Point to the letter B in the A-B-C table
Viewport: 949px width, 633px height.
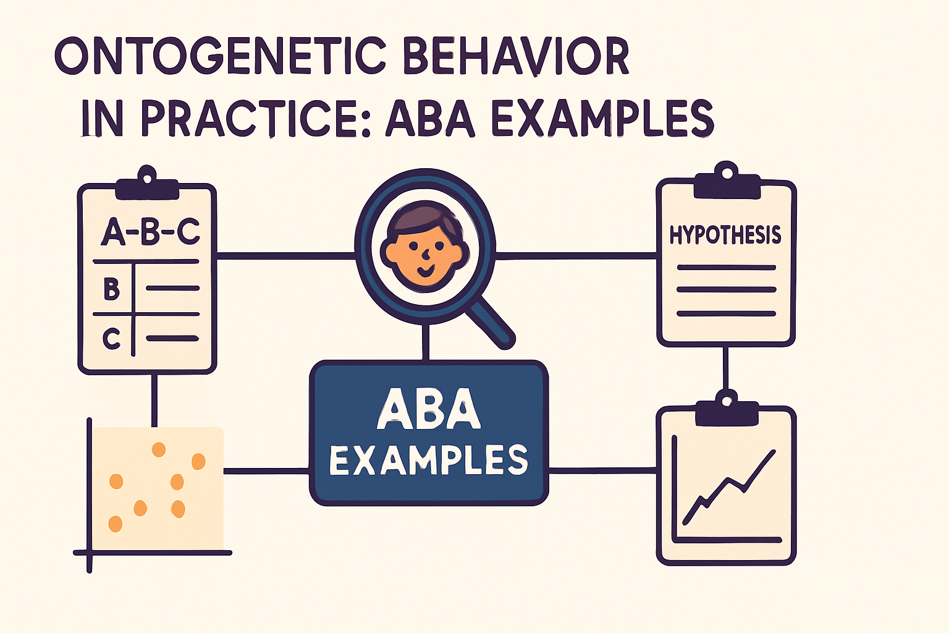[112, 289]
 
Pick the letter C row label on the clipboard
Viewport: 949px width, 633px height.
[112, 339]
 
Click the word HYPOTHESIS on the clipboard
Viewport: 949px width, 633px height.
[725, 235]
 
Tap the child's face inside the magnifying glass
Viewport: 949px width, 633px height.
[423, 253]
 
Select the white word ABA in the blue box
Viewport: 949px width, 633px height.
[429, 409]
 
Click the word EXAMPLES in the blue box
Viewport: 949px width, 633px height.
[429, 461]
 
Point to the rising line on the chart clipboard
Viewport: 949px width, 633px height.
[729, 485]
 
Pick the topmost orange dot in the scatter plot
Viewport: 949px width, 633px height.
[159, 449]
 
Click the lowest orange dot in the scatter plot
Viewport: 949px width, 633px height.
[115, 524]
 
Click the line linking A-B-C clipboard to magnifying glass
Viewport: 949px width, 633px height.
[285, 254]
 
